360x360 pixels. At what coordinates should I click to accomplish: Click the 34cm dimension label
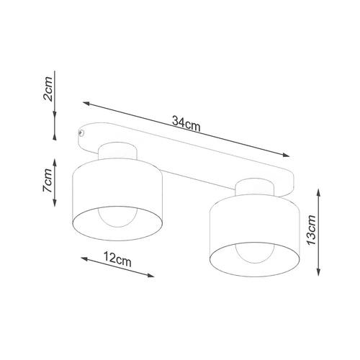[x=186, y=123]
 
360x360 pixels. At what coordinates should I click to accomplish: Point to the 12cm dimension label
[x=117, y=256]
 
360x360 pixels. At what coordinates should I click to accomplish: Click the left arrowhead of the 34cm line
[x=85, y=102]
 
